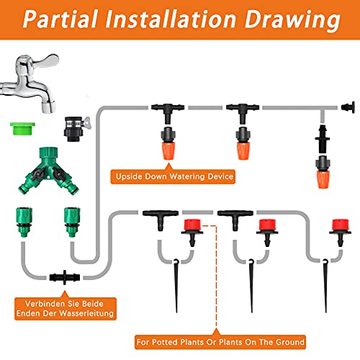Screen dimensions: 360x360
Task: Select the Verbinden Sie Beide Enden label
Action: point(65,307)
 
